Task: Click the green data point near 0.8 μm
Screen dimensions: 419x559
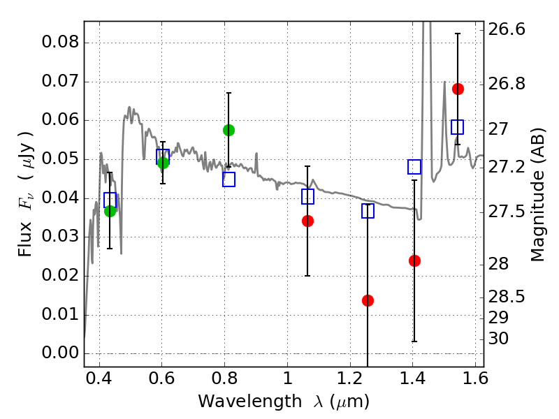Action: click(228, 130)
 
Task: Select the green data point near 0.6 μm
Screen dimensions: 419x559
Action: click(163, 163)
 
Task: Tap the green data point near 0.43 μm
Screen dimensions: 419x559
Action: click(110, 211)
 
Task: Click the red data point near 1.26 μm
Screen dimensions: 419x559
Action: click(368, 300)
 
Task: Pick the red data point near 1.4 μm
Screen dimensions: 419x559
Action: click(414, 260)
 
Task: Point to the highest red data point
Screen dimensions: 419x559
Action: click(458, 89)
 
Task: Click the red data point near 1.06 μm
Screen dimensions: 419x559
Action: click(307, 221)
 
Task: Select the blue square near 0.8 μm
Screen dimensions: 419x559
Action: click(228, 179)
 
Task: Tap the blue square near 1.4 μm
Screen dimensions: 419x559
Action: click(414, 167)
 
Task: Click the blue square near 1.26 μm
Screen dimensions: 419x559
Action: click(368, 211)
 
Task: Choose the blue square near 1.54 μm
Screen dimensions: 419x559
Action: click(458, 127)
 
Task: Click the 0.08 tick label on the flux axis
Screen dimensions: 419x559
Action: click(59, 43)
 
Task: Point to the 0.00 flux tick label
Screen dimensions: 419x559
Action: click(59, 353)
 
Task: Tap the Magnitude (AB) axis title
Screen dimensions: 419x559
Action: click(538, 194)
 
